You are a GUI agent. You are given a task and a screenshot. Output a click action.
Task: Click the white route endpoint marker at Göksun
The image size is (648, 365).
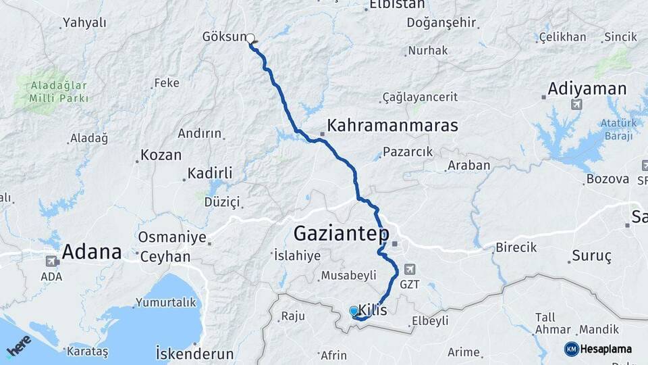(250, 39)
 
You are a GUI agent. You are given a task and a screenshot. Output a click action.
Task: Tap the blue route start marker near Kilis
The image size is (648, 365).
(354, 311)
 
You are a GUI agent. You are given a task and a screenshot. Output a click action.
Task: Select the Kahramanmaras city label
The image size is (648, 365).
(392, 126)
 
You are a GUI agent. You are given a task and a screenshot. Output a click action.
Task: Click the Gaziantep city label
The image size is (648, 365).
(341, 235)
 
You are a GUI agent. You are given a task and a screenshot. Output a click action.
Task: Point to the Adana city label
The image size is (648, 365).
(92, 253)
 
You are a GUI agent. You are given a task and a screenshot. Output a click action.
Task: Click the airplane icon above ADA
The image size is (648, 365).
(51, 261)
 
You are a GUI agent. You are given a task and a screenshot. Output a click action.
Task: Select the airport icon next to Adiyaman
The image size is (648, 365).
(576, 104)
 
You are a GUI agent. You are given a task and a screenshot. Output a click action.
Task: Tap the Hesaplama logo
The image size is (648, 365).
(598, 349)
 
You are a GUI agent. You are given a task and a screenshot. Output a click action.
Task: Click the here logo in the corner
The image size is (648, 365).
(18, 346)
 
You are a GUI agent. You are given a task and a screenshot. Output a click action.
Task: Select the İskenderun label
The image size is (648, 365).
(194, 354)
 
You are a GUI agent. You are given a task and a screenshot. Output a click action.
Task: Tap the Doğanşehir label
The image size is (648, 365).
(441, 22)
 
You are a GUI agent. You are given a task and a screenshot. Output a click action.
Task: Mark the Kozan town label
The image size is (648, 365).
(161, 155)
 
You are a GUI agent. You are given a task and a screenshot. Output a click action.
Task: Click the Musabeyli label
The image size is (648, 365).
(348, 275)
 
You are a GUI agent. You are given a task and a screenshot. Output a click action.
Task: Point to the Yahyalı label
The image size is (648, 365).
(84, 23)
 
